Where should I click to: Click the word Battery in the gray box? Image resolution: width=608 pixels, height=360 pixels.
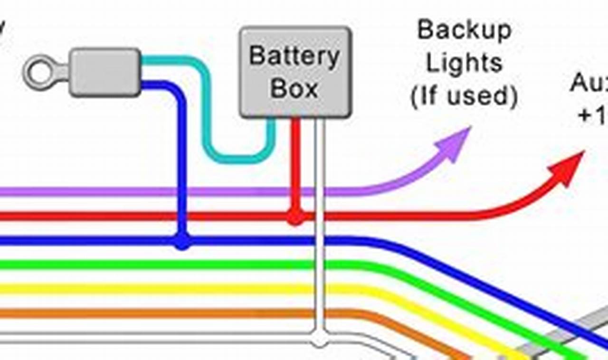pos(294,57)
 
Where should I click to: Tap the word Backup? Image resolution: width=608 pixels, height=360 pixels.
pos(464,31)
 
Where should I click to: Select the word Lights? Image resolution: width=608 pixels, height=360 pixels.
pos(464,63)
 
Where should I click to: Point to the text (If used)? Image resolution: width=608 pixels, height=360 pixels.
pos(464,96)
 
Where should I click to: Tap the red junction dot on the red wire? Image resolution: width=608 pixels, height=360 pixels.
pos(295,217)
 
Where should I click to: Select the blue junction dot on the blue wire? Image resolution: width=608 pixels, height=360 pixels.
pos(182,241)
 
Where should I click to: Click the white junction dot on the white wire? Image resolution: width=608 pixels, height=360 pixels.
pos(320,340)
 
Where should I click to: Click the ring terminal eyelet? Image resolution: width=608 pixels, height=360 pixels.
pos(40,72)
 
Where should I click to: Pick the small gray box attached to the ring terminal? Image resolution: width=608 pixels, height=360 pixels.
pos(105,72)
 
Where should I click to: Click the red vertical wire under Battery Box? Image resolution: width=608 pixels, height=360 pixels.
pos(295,161)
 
